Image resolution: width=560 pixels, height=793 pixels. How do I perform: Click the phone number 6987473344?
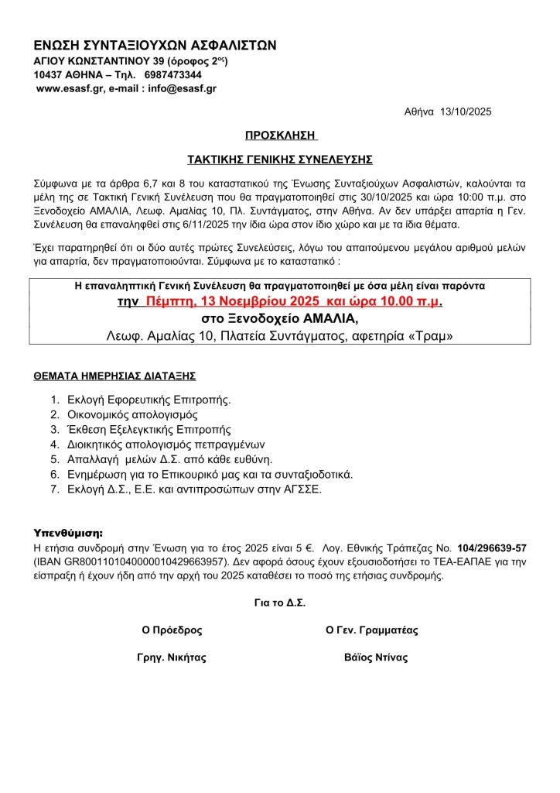[173, 75]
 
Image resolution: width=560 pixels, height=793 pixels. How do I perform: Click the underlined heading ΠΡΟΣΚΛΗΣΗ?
[281, 136]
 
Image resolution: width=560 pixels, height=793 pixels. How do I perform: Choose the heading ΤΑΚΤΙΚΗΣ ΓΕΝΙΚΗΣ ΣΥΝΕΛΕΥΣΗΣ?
[281, 160]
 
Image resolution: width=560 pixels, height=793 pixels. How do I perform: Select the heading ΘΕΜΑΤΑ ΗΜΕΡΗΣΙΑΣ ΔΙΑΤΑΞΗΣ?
[114, 376]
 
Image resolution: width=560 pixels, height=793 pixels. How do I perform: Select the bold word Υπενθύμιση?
[69, 534]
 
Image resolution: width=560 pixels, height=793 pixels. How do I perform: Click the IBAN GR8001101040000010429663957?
[138, 562]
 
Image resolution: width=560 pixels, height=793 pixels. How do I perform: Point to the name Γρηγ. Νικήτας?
[172, 658]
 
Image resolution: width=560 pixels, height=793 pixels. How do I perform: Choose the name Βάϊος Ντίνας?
[376, 658]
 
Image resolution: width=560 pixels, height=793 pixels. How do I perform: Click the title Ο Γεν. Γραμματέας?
[372, 630]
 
